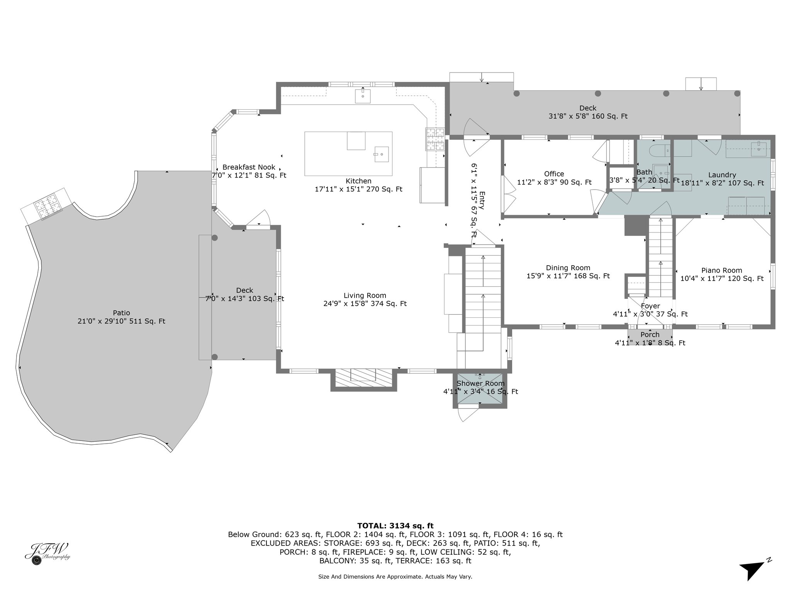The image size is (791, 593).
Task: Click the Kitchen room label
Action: click(358, 181)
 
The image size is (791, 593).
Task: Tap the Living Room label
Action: click(365, 296)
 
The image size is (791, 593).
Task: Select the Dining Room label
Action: click(568, 268)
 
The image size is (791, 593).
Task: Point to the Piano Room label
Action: click(722, 271)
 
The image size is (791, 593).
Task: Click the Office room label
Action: click(554, 174)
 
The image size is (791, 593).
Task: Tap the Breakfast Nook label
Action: click(249, 167)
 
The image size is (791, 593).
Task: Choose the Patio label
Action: click(121, 313)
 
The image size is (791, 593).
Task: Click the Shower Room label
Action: click(480, 383)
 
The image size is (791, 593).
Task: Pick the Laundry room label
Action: click(722, 175)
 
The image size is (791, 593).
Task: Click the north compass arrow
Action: click(752, 570)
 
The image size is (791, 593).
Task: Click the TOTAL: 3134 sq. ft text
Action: click(395, 525)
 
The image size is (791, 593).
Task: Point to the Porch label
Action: click(650, 335)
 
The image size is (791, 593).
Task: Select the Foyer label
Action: click(650, 306)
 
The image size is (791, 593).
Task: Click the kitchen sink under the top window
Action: click(363, 96)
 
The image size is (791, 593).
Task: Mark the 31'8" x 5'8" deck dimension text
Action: click(588, 116)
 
